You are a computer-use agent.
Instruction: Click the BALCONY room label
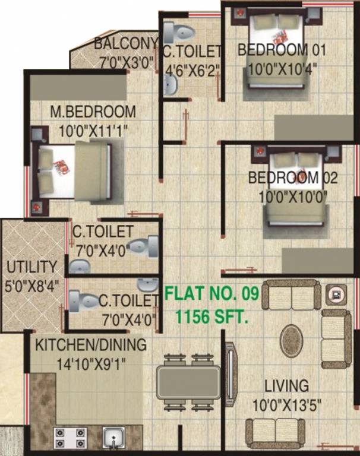(x=125, y=43)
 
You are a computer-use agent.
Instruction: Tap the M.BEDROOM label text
(x=92, y=111)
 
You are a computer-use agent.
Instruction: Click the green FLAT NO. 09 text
(x=211, y=293)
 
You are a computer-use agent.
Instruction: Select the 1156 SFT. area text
(x=211, y=317)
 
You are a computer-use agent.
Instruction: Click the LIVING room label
(x=288, y=386)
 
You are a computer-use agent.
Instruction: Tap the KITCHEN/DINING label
(x=90, y=345)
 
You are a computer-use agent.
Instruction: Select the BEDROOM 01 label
(x=273, y=49)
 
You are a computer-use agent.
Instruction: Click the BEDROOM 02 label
(x=293, y=178)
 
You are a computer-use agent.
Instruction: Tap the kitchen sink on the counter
(x=112, y=439)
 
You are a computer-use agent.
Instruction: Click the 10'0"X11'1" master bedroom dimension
(x=92, y=130)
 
